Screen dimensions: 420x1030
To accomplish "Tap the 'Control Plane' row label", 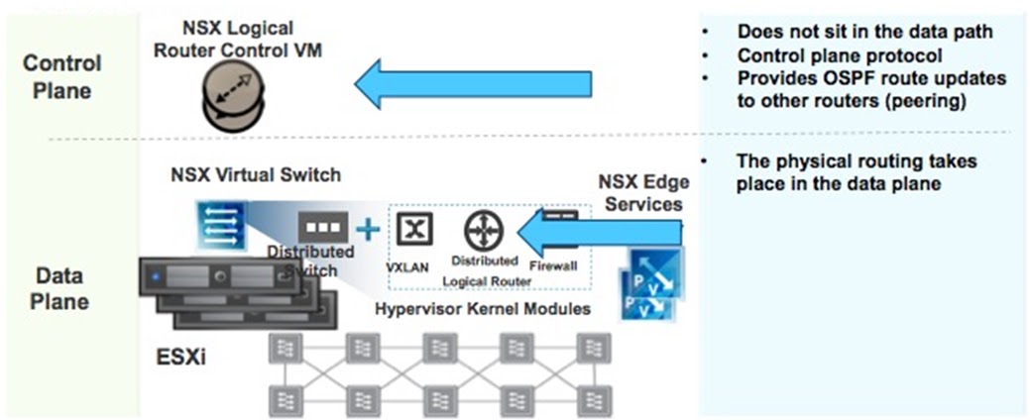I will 62,77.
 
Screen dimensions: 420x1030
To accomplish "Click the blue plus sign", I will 368,230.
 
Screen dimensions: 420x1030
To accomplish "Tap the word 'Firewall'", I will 553,265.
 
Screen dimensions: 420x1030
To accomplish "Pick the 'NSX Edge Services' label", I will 643,193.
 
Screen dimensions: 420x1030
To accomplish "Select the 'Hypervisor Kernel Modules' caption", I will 483,309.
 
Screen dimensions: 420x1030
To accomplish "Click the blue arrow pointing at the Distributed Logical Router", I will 605,232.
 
